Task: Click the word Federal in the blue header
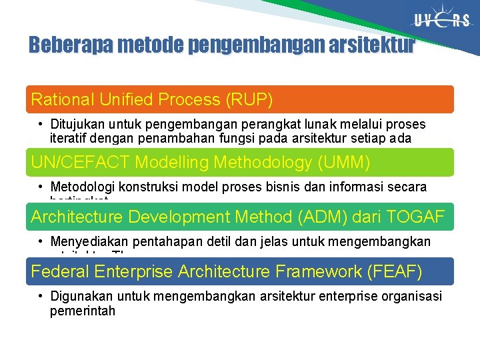point(61,271)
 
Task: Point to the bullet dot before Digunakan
point(41,296)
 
